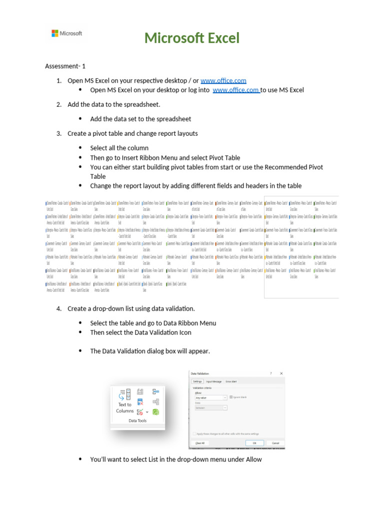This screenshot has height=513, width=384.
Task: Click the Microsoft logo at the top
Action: pos(66,34)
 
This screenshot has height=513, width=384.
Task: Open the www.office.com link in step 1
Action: pos(223,81)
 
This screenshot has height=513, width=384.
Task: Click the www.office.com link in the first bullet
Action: pos(236,90)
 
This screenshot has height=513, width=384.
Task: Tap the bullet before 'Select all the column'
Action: pos(80,148)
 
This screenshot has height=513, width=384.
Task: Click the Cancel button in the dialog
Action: pos(275,443)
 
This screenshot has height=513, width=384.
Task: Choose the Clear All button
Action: pos(199,443)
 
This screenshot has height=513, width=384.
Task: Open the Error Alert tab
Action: pos(231,382)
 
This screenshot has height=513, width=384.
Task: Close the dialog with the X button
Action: pos(281,374)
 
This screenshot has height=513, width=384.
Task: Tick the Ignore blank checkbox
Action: pos(231,397)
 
